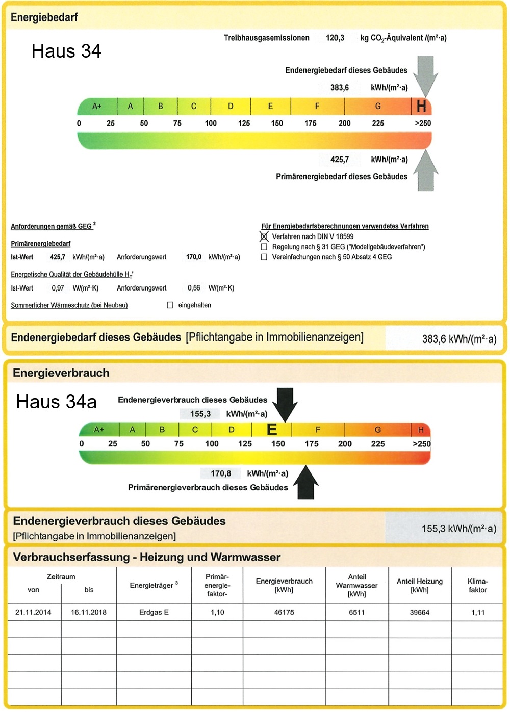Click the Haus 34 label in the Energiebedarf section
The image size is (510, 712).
tap(66, 51)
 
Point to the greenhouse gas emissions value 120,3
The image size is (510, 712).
tap(335, 38)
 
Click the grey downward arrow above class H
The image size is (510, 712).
tap(425, 74)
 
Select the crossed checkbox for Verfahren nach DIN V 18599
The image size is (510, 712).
tap(264, 236)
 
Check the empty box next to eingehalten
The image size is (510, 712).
tap(170, 305)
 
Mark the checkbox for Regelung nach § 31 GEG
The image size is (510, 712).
tap(264, 247)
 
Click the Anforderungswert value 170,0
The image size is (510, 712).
tap(194, 257)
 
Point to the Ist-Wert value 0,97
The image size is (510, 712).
tap(58, 288)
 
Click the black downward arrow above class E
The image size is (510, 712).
tap(285, 404)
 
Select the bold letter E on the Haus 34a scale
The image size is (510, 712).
tap(272, 430)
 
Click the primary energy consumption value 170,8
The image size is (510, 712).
tap(221, 473)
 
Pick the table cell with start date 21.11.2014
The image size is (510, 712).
tap(33, 612)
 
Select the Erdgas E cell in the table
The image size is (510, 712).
tap(154, 612)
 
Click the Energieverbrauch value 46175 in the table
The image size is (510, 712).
tap(284, 612)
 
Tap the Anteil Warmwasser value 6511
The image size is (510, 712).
tap(356, 612)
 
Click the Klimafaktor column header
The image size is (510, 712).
tap(477, 586)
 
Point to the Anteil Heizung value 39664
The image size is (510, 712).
tap(419, 612)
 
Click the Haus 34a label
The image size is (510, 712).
tap(56, 402)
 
